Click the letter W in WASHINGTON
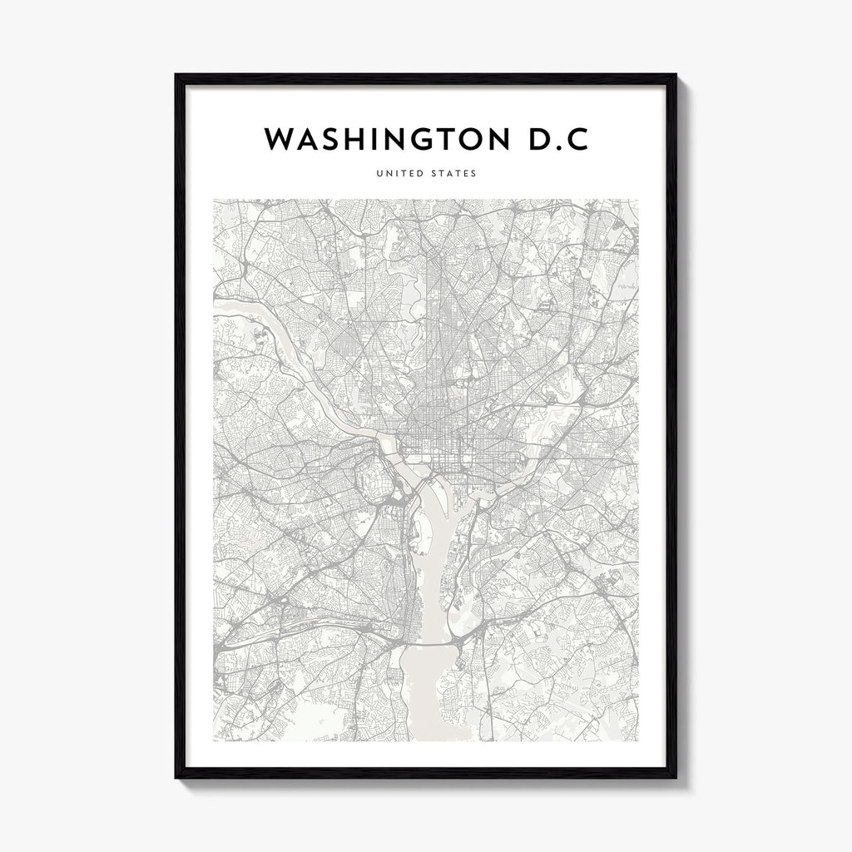280,140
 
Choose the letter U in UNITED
379,174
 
